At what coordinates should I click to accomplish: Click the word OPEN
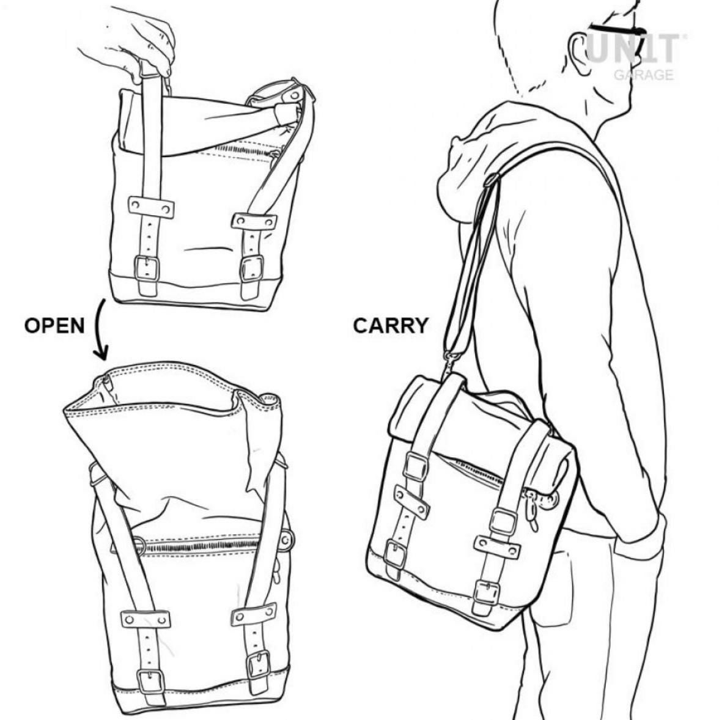pyautogui.click(x=54, y=326)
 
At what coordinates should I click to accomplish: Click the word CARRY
pyautogui.click(x=391, y=326)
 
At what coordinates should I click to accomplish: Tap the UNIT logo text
pyautogui.click(x=633, y=49)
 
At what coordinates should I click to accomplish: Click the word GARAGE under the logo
pyautogui.click(x=644, y=75)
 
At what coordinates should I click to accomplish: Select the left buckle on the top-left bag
pyautogui.click(x=147, y=268)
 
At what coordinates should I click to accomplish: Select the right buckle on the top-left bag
pyautogui.click(x=252, y=268)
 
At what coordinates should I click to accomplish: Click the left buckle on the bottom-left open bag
pyautogui.click(x=150, y=681)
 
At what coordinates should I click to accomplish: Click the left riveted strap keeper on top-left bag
pyautogui.click(x=151, y=207)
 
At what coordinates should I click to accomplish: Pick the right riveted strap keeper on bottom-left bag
pyautogui.click(x=254, y=614)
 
